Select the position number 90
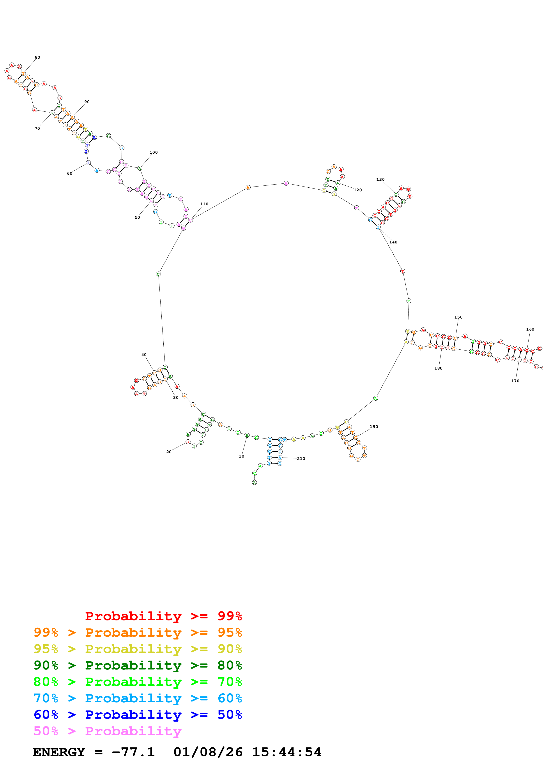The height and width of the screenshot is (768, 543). point(87,102)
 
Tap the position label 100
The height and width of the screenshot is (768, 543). point(154,152)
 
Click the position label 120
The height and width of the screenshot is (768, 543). point(358,190)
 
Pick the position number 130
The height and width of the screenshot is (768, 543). point(380,180)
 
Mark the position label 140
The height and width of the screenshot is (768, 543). point(393,242)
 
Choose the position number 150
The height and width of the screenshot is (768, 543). point(458,317)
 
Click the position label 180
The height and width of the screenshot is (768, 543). point(438,368)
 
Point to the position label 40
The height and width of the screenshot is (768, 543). point(144,355)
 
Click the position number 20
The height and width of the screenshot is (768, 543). point(169,452)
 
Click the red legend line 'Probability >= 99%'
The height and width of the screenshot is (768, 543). point(163,616)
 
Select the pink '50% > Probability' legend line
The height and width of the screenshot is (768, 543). point(107,731)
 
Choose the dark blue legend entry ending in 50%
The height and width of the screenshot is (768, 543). point(138,715)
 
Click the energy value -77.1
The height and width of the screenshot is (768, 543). point(133,752)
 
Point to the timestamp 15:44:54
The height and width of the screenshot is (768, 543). point(286,752)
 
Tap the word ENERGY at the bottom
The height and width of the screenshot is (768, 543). point(59,752)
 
